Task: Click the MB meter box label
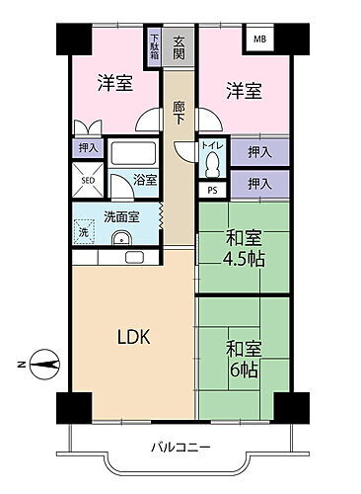(x=259, y=40)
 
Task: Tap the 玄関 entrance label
(x=179, y=48)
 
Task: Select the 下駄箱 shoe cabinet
(x=154, y=46)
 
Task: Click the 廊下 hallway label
(x=179, y=113)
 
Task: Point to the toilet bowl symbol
(x=212, y=166)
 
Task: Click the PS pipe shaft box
(x=212, y=190)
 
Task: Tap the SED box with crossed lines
(x=88, y=180)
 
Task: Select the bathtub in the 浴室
(x=133, y=153)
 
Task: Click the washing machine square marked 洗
(x=84, y=232)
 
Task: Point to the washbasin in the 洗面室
(x=121, y=238)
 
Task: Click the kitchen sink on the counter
(x=134, y=257)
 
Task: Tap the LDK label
(x=134, y=337)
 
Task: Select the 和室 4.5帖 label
(x=244, y=249)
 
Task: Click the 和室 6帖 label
(x=244, y=360)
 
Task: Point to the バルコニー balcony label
(x=180, y=448)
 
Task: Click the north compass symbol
(x=44, y=365)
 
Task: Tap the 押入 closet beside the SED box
(x=88, y=148)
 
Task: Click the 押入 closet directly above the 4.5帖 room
(x=259, y=184)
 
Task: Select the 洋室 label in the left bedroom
(x=115, y=83)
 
